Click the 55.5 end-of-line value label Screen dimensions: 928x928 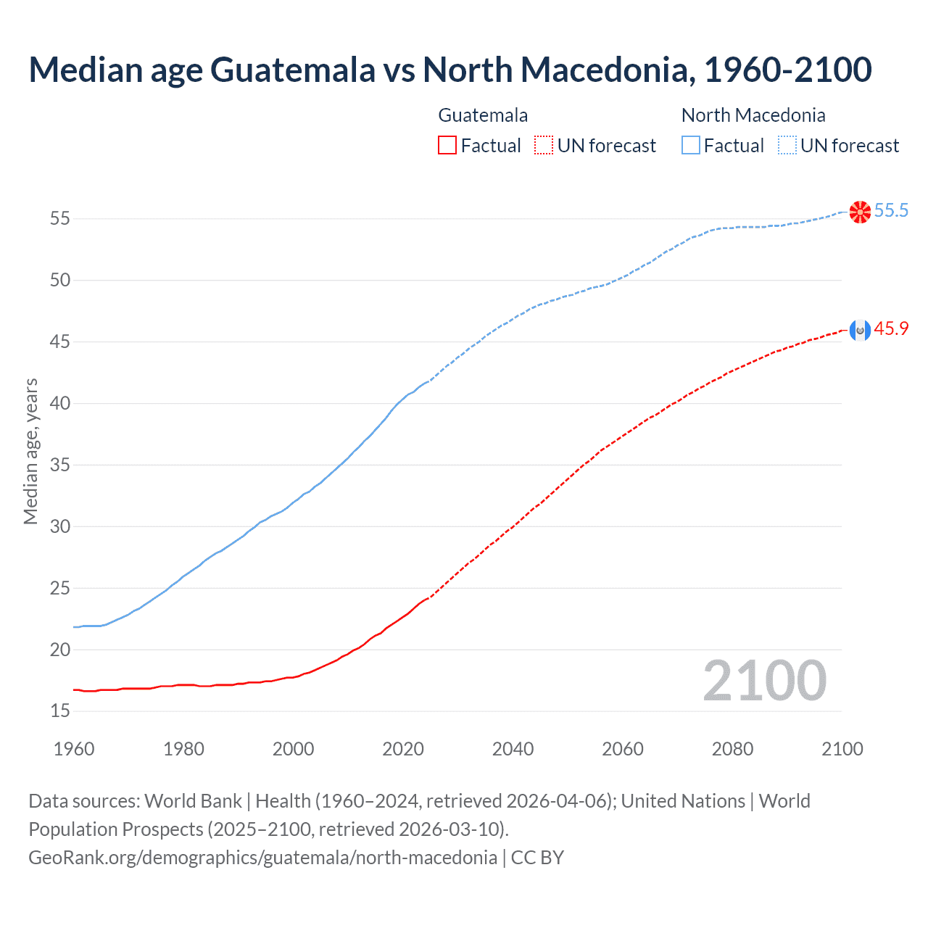pyautogui.click(x=891, y=211)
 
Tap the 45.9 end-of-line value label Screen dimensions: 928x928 pyautogui.click(x=891, y=329)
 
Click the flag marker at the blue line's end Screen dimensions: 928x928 pyautogui.click(x=860, y=212)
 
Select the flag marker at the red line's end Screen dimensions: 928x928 pyautogui.click(x=860, y=331)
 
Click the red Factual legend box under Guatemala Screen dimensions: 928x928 pyautogui.click(x=447, y=146)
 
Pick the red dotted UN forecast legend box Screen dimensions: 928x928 pyautogui.click(x=544, y=146)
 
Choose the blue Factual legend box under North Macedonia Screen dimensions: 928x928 pyautogui.click(x=691, y=146)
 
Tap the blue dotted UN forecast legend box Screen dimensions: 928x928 pyautogui.click(x=787, y=146)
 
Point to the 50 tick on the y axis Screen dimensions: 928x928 pyautogui.click(x=60, y=280)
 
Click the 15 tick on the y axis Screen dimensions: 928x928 pyautogui.click(x=60, y=711)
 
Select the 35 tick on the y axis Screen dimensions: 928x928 pyautogui.click(x=60, y=465)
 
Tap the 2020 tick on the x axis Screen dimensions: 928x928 pyautogui.click(x=403, y=749)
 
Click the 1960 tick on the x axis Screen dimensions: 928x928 pyautogui.click(x=74, y=749)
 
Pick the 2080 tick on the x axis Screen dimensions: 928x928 pyautogui.click(x=732, y=749)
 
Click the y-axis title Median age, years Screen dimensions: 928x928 pyautogui.click(x=30, y=451)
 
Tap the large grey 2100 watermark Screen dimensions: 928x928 pyautogui.click(x=764, y=681)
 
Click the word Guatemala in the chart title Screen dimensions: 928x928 pyautogui.click(x=294, y=70)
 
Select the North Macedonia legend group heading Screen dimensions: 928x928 pyautogui.click(x=753, y=115)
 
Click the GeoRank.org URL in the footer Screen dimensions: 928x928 pyautogui.click(x=262, y=858)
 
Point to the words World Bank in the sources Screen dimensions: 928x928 pyautogui.click(x=193, y=801)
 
